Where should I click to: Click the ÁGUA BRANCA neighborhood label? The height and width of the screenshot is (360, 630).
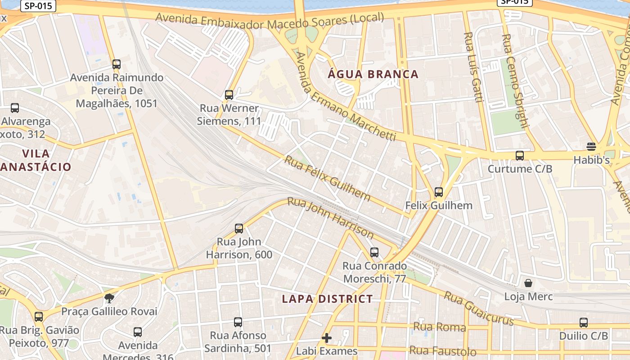coord(373,74)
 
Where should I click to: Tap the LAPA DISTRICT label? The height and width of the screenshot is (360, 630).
coord(327,299)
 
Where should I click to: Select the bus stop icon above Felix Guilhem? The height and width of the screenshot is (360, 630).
coord(439,192)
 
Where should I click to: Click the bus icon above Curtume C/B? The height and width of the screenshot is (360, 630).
coord(520,156)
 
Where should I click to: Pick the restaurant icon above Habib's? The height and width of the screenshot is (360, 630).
coord(591,147)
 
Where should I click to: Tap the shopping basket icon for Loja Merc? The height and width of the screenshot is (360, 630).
coord(528,283)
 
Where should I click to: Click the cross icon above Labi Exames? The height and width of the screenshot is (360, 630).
coord(327,337)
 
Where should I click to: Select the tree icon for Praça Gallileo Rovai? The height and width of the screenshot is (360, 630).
coord(109,297)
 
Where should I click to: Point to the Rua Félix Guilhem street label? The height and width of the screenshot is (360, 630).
coord(328,179)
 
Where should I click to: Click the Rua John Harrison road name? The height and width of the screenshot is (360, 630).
coord(331,218)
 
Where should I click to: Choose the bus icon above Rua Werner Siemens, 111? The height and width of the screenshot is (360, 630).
coord(229,95)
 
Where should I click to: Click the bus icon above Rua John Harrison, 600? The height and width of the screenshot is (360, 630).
coord(239,229)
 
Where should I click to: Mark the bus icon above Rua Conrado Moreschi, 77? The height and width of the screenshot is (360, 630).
coord(374,252)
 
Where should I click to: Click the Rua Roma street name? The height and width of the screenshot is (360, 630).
coord(439,327)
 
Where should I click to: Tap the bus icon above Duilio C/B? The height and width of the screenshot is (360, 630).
coord(584,323)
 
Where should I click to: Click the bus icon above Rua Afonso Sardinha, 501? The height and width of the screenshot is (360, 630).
coord(238,322)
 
